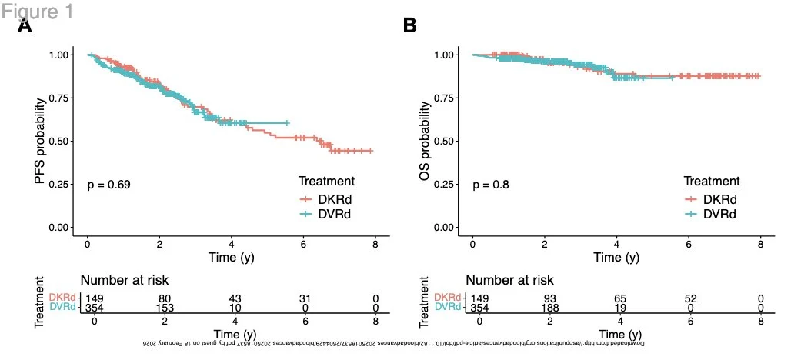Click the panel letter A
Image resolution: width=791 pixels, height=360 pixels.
25,26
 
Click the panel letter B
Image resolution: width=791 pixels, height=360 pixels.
410,25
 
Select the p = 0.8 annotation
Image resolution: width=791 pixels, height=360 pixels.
490,185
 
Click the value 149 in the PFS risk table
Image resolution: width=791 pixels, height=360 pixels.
92,298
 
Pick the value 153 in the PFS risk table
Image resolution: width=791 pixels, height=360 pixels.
165,308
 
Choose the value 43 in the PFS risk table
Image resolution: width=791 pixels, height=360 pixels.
237,298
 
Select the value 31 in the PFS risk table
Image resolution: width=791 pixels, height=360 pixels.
309,298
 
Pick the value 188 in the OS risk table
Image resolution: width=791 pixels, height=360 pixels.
549,308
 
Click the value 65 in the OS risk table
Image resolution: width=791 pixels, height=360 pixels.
621,298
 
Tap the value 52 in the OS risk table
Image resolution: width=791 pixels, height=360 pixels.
693,298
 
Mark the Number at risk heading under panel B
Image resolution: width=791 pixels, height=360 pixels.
509,280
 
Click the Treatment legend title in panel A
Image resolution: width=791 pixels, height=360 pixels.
326,182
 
